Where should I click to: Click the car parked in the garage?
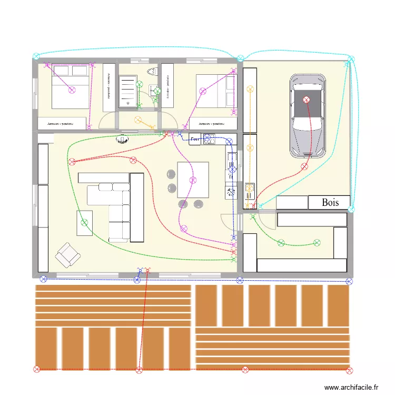307,116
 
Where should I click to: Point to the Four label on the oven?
195,139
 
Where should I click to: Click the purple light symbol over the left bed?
71,90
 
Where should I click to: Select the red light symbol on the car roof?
307,99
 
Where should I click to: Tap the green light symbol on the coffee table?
84,223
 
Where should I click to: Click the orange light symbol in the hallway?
138,120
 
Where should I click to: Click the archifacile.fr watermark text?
351,388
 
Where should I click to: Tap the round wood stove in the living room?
122,140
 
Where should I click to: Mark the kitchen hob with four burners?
209,139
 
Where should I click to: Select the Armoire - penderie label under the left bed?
62,124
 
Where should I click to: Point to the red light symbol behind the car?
304,166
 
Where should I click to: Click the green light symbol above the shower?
139,84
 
